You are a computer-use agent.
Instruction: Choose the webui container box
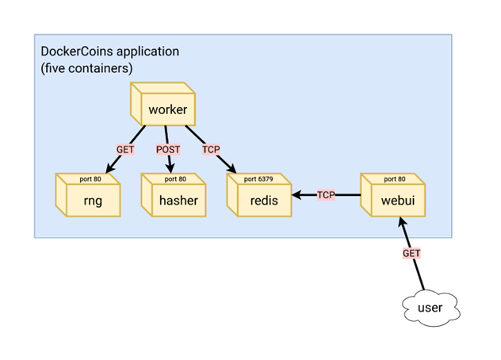[393, 197]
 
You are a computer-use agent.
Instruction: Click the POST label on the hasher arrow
[168, 150]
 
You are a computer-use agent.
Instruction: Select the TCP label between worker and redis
[211, 150]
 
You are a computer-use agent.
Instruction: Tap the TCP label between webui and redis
[326, 194]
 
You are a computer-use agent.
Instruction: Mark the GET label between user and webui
[411, 253]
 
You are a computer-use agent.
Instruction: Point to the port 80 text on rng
[90, 180]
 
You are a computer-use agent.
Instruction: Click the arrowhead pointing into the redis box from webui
[296, 194]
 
